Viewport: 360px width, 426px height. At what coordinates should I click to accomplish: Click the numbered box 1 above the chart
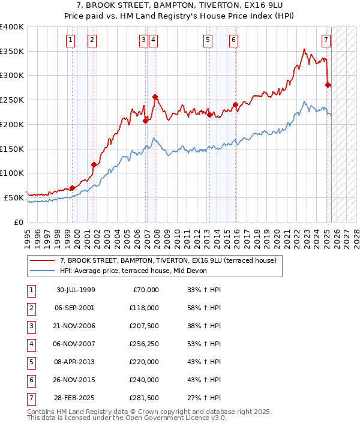[71, 40]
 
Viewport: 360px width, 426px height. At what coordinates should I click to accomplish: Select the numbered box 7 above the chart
[325, 40]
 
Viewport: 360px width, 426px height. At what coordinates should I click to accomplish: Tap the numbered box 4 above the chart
[154, 40]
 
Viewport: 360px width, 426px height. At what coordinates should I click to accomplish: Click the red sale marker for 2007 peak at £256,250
[155, 97]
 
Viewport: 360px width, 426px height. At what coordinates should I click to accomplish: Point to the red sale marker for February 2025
[328, 85]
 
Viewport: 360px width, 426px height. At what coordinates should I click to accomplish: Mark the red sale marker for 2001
[94, 164]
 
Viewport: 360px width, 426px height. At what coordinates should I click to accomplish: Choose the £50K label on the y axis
[14, 197]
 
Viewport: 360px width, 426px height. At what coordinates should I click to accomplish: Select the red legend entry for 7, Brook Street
[167, 260]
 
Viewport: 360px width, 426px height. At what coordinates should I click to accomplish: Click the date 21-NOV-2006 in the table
[76, 327]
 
